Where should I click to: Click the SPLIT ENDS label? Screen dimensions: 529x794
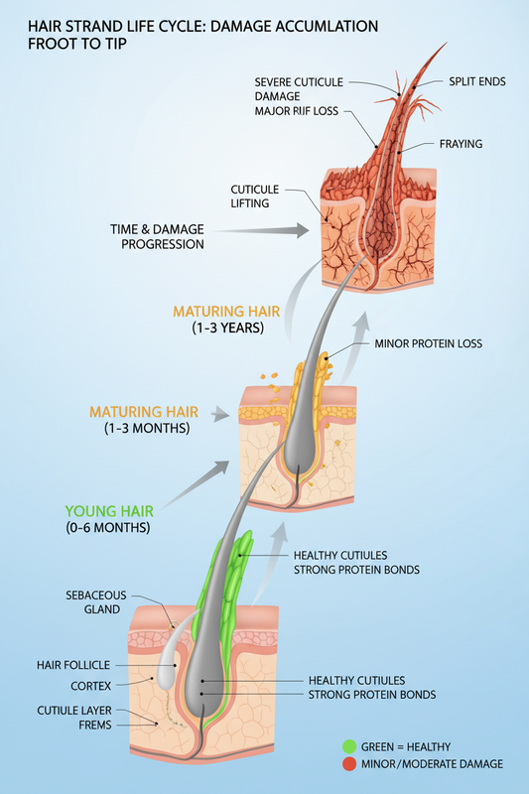pyautogui.click(x=476, y=81)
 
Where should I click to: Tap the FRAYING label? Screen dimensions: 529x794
pyautogui.click(x=461, y=144)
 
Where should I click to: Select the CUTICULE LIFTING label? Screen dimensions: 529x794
pyautogui.click(x=255, y=196)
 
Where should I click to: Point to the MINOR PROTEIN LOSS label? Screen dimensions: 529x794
pyautogui.click(x=429, y=343)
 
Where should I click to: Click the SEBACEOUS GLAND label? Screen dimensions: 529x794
pyautogui.click(x=96, y=602)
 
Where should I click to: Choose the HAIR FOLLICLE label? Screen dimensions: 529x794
pyautogui.click(x=73, y=665)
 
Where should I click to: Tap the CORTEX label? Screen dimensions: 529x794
pyautogui.click(x=90, y=686)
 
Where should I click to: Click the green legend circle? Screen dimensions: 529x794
pyautogui.click(x=349, y=746)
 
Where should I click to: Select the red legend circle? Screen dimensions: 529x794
pyautogui.click(x=349, y=763)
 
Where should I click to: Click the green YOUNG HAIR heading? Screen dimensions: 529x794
pyautogui.click(x=109, y=511)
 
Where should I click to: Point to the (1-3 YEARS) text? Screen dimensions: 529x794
pyautogui.click(x=228, y=328)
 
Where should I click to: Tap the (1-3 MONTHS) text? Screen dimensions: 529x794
pyautogui.click(x=147, y=428)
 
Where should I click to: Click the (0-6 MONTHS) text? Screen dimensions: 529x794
pyautogui.click(x=108, y=527)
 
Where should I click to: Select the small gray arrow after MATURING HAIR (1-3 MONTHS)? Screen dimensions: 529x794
pyautogui.click(x=220, y=414)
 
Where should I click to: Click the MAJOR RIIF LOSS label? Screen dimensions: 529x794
pyautogui.click(x=296, y=111)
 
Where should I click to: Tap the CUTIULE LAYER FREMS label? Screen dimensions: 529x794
pyautogui.click(x=74, y=718)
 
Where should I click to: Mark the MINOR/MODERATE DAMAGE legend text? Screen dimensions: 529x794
pyautogui.click(x=432, y=763)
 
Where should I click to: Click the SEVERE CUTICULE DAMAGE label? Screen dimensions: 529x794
pyautogui.click(x=299, y=89)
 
